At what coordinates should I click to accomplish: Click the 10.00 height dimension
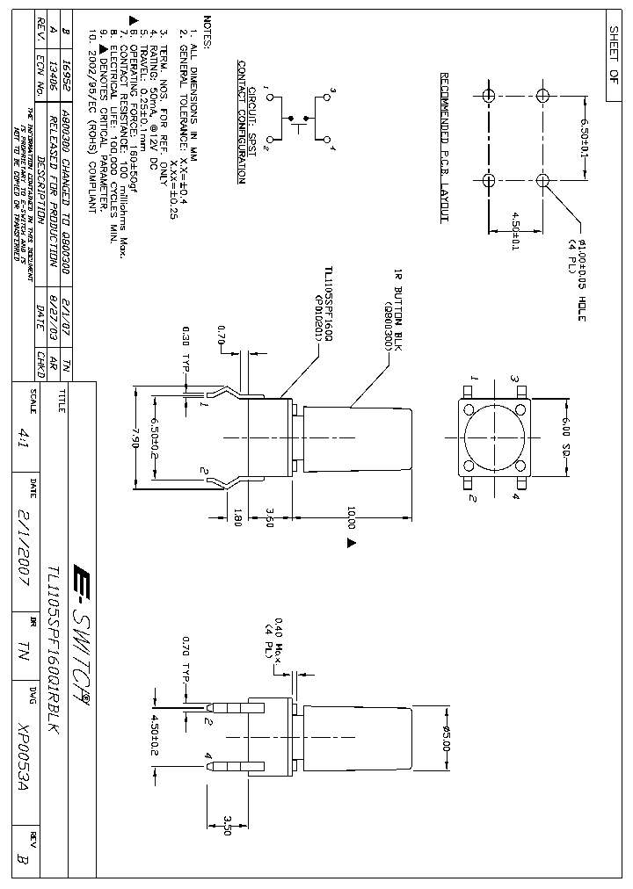pos(352,517)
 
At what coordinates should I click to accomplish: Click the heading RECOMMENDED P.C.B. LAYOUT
pos(445,146)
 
